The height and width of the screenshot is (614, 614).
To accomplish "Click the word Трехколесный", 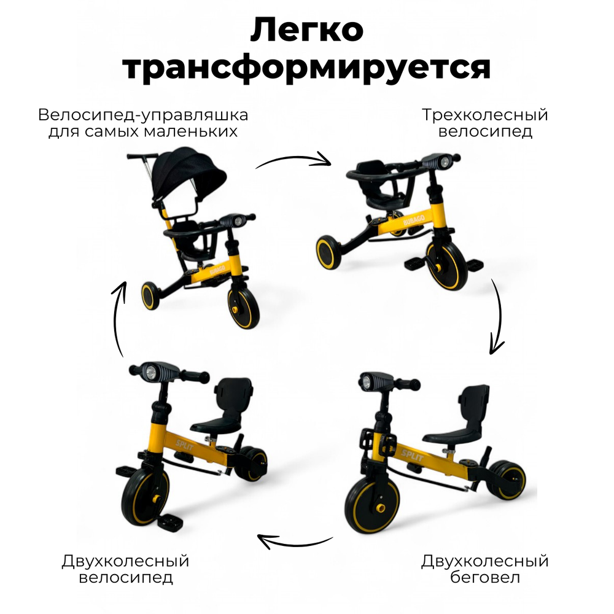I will [484, 115].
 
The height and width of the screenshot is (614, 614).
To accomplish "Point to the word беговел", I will [484, 578].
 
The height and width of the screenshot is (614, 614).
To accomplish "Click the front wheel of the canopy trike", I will [243, 306].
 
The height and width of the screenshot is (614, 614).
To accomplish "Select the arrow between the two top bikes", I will [293, 160].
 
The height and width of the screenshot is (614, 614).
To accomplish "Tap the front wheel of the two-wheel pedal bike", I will [146, 494].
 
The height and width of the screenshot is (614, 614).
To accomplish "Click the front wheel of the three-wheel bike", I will [447, 265].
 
